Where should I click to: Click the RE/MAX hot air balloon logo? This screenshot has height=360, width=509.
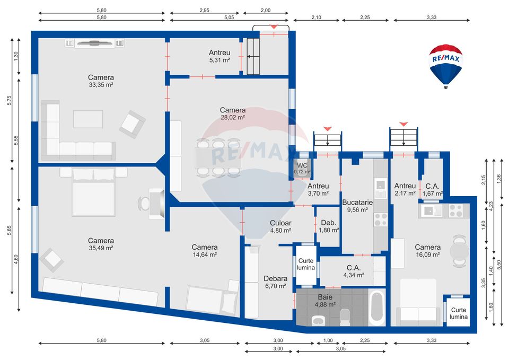[x=445, y=65]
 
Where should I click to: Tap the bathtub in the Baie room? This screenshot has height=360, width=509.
[x=376, y=308]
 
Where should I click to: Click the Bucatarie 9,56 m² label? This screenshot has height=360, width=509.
[x=357, y=206]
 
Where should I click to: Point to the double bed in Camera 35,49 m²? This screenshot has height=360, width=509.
[x=93, y=192]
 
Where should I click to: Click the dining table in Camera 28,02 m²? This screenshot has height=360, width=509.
[x=218, y=157]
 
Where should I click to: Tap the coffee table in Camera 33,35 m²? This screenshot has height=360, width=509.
[x=88, y=119]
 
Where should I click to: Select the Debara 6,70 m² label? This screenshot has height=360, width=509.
[x=275, y=282]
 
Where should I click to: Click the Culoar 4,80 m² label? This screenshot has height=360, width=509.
[x=280, y=226]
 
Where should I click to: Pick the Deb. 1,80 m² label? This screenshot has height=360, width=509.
[x=328, y=226]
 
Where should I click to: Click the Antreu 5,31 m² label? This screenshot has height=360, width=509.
[x=220, y=56]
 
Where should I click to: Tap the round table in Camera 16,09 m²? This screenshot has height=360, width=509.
[x=459, y=250]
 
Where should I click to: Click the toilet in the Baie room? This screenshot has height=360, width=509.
[x=345, y=317]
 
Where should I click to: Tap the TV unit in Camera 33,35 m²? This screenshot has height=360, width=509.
[x=94, y=43]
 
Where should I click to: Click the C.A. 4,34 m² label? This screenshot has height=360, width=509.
[x=354, y=271]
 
